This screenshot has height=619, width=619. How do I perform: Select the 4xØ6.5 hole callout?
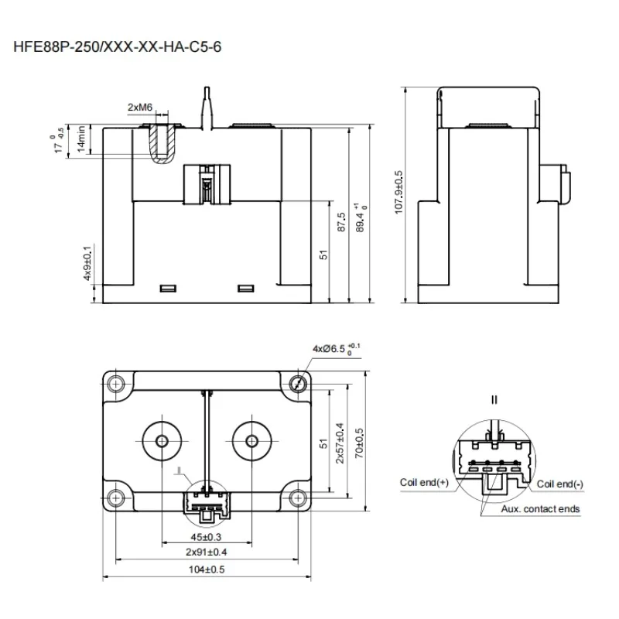pyautogui.click(x=335, y=348)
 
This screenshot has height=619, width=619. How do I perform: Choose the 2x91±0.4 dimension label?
pyautogui.click(x=205, y=552)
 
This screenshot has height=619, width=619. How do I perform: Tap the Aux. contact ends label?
pyautogui.click(x=539, y=509)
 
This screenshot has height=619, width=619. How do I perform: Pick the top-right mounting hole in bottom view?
pyautogui.click(x=299, y=383)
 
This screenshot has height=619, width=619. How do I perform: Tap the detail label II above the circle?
pyautogui.click(x=494, y=400)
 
